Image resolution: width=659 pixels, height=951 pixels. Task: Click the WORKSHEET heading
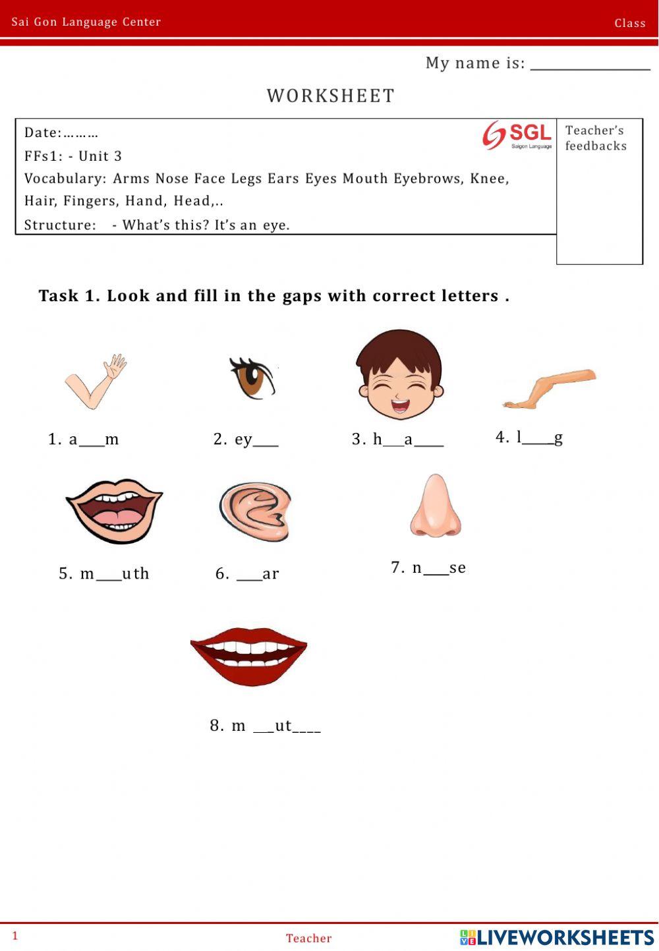coord(330,96)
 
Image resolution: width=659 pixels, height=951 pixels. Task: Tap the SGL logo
coord(517,135)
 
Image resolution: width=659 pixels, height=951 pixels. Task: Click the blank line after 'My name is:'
coord(590,66)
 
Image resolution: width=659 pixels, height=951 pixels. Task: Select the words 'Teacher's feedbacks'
coord(595,138)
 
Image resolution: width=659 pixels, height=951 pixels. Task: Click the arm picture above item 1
coord(96,382)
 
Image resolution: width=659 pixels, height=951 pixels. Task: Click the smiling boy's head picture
coord(399,374)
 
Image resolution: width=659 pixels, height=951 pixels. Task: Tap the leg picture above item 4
coord(549,388)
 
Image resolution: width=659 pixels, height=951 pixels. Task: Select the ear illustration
coord(255,511)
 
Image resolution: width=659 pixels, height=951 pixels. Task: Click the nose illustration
coord(435,506)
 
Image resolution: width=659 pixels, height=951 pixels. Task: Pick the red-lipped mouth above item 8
coord(248,655)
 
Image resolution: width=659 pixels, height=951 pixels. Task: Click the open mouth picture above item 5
coord(114,511)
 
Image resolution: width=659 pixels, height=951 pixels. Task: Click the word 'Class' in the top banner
coord(630,23)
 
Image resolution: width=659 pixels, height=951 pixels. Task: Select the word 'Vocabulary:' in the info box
coord(65,179)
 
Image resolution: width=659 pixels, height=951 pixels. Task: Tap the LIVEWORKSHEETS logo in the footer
coord(557,937)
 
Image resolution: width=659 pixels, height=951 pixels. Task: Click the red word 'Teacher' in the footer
coord(308,938)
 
